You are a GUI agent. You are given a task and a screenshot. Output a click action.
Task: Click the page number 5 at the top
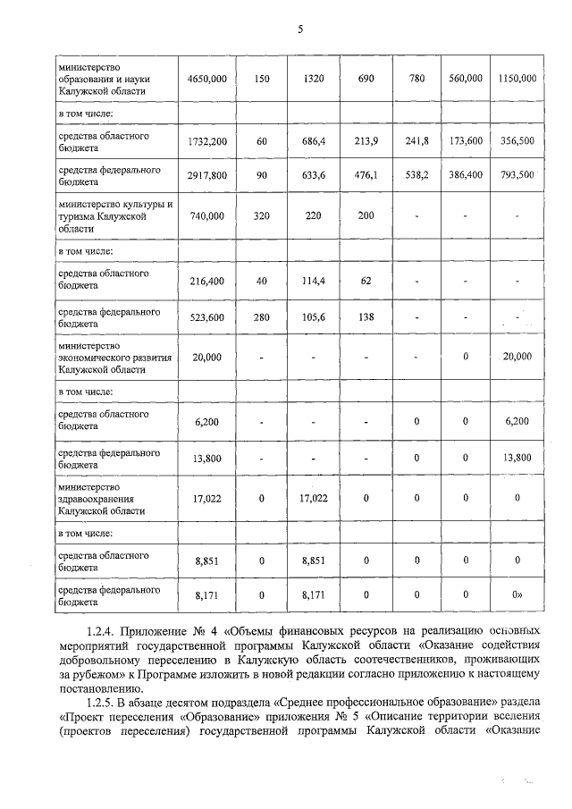coord(300,29)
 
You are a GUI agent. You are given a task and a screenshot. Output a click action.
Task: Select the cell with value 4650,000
coord(207,79)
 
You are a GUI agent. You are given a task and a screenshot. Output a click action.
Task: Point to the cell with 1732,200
coord(207,141)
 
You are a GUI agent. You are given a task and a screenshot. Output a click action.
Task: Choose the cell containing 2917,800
coord(207,176)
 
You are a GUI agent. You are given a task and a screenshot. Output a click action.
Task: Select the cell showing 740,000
coord(207,215)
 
